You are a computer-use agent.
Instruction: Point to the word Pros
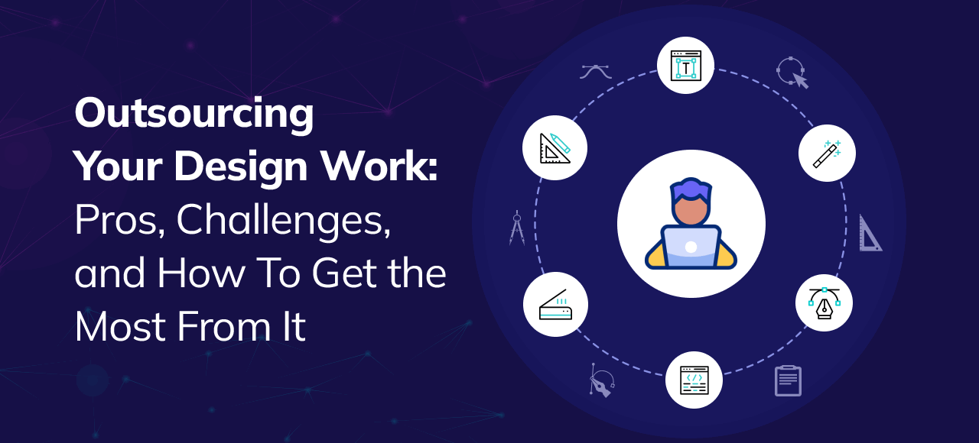tap(118, 221)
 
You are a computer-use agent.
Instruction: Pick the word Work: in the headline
tap(389, 167)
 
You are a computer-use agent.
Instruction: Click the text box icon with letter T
tap(685, 66)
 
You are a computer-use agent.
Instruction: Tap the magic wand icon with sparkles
tap(827, 153)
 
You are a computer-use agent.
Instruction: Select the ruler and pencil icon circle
tap(555, 147)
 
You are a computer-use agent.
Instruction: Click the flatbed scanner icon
tap(555, 304)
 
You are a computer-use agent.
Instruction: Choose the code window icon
tap(694, 380)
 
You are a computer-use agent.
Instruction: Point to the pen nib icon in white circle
tap(824, 303)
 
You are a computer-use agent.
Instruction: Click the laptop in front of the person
tap(691, 247)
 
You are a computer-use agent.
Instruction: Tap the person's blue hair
tap(691, 189)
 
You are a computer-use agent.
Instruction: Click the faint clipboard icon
tap(788, 380)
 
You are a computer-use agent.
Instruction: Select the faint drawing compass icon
tap(517, 228)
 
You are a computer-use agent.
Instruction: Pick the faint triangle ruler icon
tap(869, 234)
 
